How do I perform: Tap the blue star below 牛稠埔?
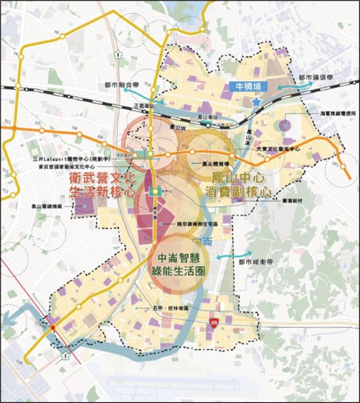click(x=256, y=102)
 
